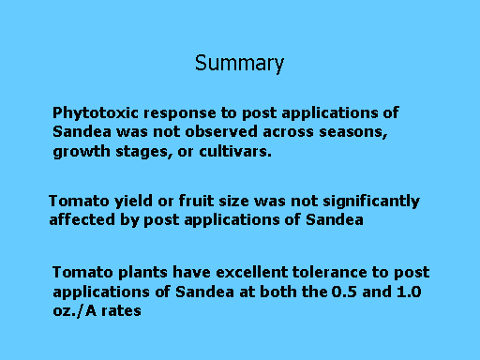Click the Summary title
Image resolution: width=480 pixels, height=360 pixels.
point(239,64)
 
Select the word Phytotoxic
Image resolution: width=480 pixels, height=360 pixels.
point(96,113)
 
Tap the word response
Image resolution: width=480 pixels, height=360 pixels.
point(180,114)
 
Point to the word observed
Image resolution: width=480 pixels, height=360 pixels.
point(221,131)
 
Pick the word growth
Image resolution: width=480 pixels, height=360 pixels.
point(82,152)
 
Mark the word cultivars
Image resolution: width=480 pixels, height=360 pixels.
point(235,151)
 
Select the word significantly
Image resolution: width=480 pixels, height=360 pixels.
point(371,202)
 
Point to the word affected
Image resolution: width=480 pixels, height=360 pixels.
point(82,219)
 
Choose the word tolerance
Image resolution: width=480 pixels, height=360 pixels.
point(329,272)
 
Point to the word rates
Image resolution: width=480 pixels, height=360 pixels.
point(121,311)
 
